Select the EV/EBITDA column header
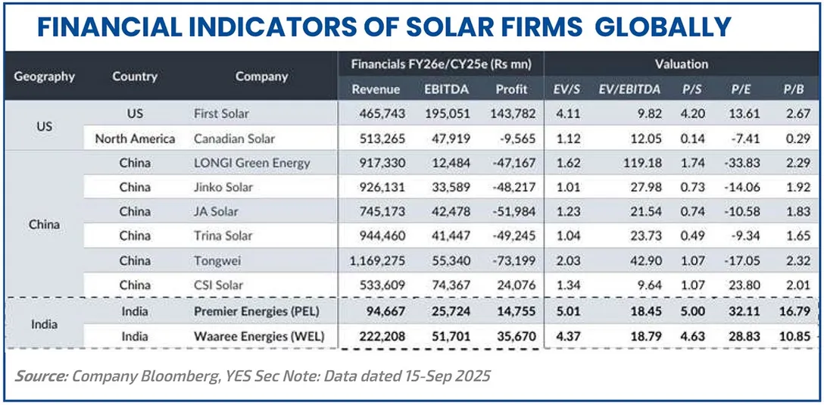pyautogui.click(x=629, y=89)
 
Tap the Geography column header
pyautogui.click(x=45, y=76)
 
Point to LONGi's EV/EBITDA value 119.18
pyautogui.click(x=640, y=163)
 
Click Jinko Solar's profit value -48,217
pyautogui.click(x=511, y=187)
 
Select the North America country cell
pyautogui.click(x=135, y=139)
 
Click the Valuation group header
pyautogui.click(x=682, y=64)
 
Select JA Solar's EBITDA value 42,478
pyautogui.click(x=448, y=212)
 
